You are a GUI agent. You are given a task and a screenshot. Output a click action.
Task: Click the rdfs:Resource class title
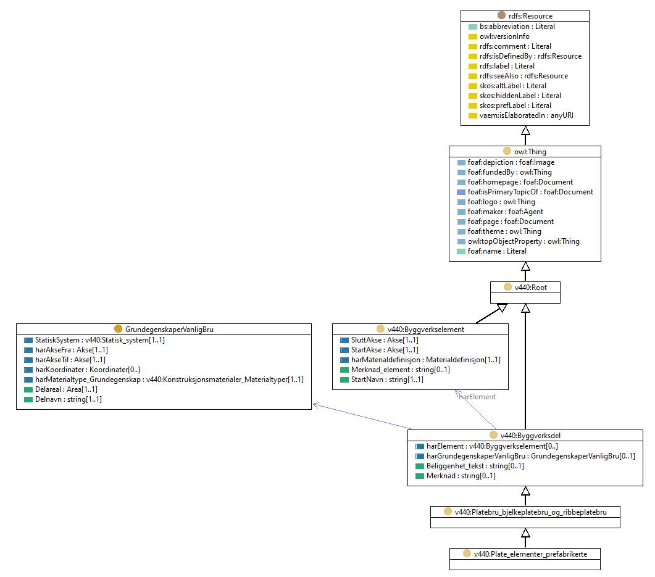pyautogui.click(x=530, y=16)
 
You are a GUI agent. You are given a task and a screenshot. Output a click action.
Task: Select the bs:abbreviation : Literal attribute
pyautogui.click(x=517, y=27)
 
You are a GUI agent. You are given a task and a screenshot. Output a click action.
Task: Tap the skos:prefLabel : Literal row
pyautogui.click(x=515, y=106)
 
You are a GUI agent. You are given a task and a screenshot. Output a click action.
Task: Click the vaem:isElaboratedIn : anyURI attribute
pyautogui.click(x=527, y=115)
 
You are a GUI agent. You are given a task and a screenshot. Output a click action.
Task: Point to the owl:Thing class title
pyautogui.click(x=530, y=152)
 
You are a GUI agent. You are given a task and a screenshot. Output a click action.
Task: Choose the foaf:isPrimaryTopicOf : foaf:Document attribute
pyautogui.click(x=530, y=192)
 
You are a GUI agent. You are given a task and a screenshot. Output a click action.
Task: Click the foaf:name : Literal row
pyautogui.click(x=497, y=251)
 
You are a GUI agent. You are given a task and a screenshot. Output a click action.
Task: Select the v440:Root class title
pyautogui.click(x=530, y=287)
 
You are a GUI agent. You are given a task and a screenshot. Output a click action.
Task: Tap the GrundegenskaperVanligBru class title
pyautogui.click(x=169, y=330)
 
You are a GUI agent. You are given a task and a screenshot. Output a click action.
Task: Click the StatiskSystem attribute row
pyautogui.click(x=100, y=340)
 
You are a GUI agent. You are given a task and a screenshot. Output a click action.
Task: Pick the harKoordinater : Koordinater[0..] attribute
pyautogui.click(x=87, y=370)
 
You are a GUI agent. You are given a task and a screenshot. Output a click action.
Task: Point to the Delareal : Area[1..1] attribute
pyautogui.click(x=66, y=389)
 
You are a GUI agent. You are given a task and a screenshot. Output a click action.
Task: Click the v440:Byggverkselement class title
pyautogui.click(x=426, y=330)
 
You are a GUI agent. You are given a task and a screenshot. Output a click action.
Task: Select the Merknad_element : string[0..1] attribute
pyautogui.click(x=401, y=370)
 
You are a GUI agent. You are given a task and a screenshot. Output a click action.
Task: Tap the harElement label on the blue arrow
pyautogui.click(x=477, y=397)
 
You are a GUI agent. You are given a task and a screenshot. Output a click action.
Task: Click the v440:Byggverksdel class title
pyautogui.click(x=530, y=436)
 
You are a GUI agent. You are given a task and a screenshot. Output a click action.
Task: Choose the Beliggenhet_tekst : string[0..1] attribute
pyautogui.click(x=475, y=466)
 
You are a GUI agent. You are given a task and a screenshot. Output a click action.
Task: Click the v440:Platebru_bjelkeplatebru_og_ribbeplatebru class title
pyautogui.click(x=530, y=512)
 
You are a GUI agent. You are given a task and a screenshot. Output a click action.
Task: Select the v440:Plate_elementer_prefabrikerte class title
pyautogui.click(x=530, y=554)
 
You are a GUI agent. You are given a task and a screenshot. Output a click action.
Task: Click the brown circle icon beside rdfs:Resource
pyautogui.click(x=501, y=15)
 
